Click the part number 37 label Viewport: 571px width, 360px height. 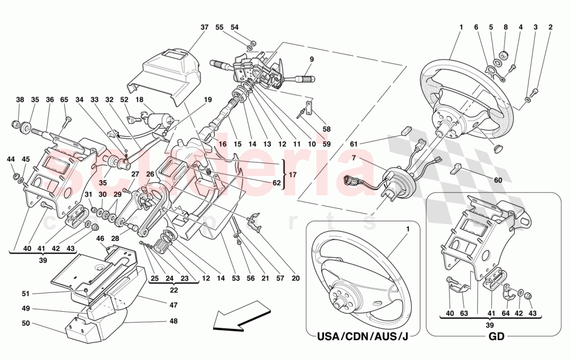(205, 27)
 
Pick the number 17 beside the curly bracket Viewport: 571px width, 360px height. (293, 175)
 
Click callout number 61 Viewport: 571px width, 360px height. (353, 144)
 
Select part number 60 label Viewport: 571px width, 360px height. (498, 180)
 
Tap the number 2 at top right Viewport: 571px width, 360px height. (550, 27)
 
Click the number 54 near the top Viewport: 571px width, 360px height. (235, 27)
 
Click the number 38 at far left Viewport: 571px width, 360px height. (20, 100)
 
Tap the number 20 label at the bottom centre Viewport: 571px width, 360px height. (295, 278)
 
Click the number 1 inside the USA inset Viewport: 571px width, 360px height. (407, 229)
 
